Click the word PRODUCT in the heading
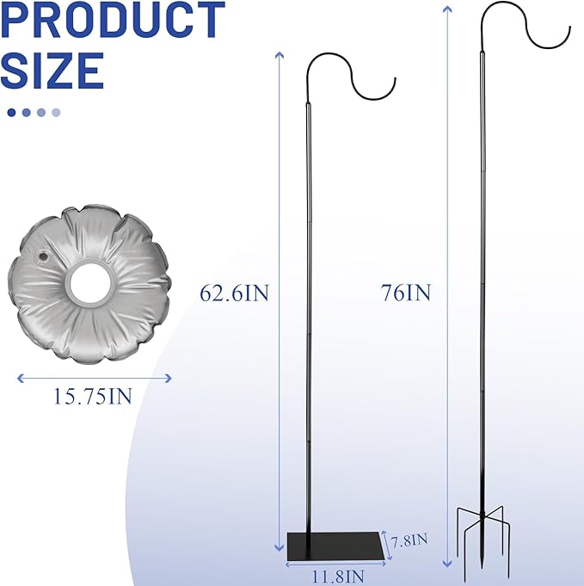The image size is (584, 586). tap(113, 22)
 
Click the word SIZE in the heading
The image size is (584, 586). tap(53, 71)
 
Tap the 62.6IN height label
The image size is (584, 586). tap(235, 293)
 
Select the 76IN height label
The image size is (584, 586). tap(405, 293)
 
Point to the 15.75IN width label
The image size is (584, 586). tap(94, 397)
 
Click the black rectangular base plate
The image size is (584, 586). tap(335, 543)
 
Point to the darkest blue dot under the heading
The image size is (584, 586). tap(11, 112)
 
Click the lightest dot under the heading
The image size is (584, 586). tap(56, 112)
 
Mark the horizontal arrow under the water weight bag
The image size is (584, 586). tap(94, 377)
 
